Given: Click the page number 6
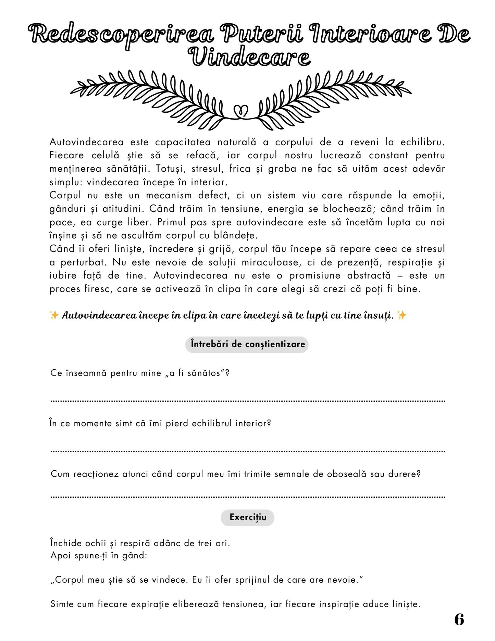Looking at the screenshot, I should tap(459, 619).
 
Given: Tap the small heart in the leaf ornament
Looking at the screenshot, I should tap(241, 111).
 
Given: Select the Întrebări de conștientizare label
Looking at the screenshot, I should tap(247, 344).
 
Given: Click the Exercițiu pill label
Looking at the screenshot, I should tap(248, 517).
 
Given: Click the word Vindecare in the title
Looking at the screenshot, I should tap(249, 58).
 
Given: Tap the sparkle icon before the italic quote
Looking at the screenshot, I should tap(54, 315).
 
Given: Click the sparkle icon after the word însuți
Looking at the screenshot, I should tap(402, 315).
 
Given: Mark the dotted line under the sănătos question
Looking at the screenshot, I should tap(248, 400).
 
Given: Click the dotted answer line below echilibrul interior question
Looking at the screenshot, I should tap(248, 451).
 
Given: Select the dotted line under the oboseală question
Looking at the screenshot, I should tap(248, 496).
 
